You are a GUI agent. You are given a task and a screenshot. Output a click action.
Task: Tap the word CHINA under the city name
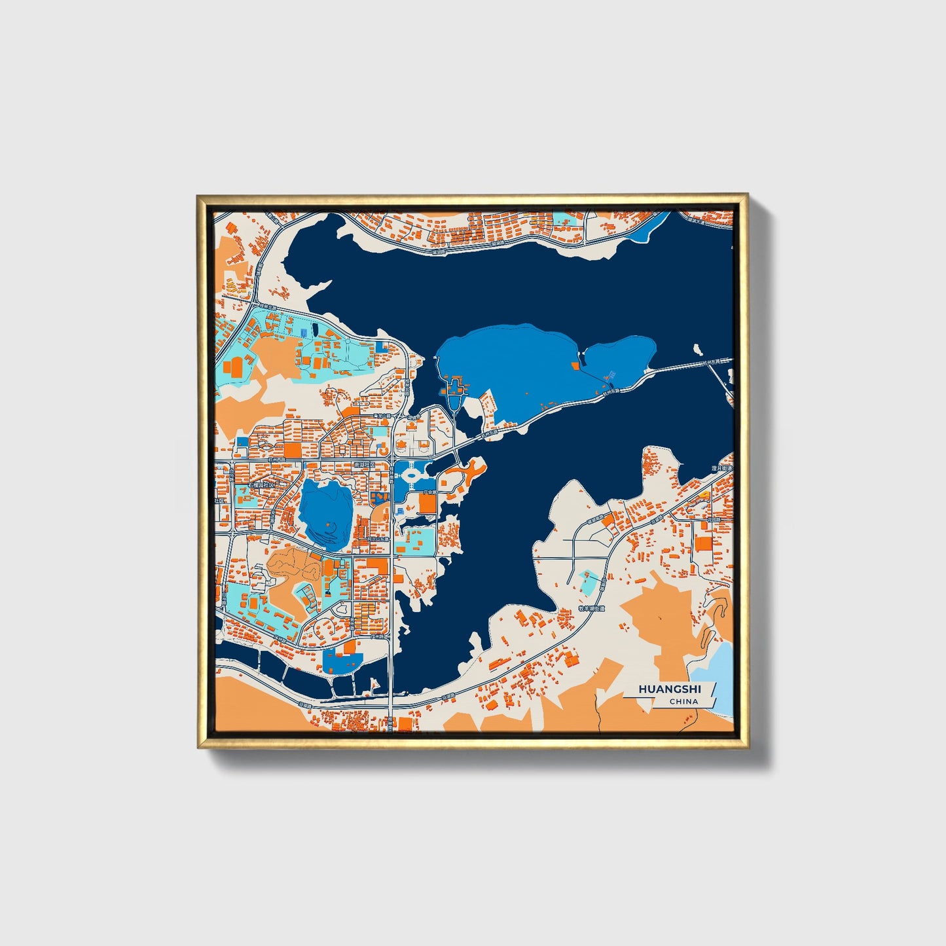(683, 701)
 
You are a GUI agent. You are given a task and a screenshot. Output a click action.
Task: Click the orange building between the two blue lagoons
(575, 366)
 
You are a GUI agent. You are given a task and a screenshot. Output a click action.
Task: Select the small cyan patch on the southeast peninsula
(589, 582)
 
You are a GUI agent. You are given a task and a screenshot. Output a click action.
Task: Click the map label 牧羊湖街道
(592, 608)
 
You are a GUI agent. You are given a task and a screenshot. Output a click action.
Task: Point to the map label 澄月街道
(721, 469)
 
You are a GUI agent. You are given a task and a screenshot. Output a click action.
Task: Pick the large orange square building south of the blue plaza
(427, 503)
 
